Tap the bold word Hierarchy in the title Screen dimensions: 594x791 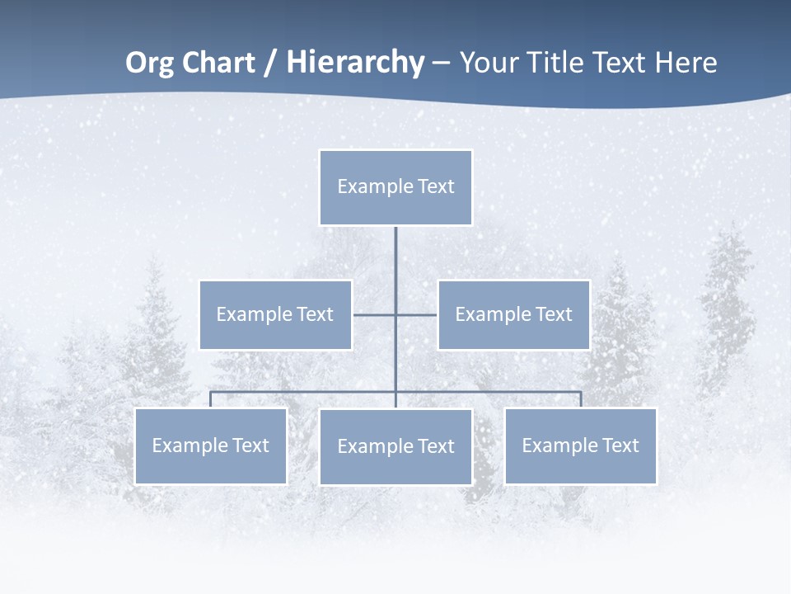coord(355,63)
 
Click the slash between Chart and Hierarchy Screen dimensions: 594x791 coord(270,64)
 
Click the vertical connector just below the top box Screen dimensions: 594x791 coord(395,256)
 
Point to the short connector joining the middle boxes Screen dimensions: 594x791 coord(375,314)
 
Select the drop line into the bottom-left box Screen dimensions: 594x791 coord(210,399)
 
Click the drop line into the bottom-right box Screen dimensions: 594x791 coord(581,399)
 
